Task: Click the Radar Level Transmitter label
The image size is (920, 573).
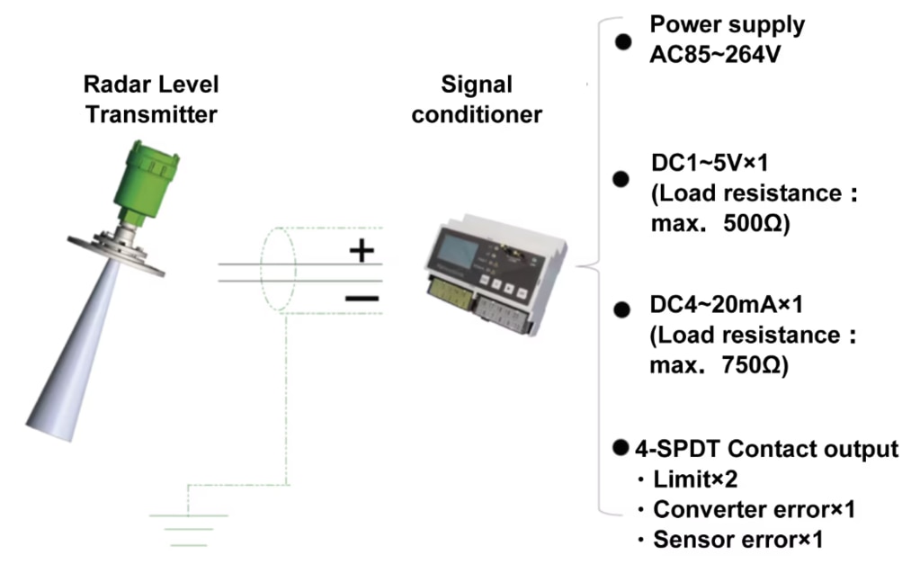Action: (150, 99)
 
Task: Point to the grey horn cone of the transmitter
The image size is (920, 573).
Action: (76, 351)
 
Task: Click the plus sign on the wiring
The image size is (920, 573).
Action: (362, 251)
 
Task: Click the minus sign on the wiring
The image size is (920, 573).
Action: (362, 296)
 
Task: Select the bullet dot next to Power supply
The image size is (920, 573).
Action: (621, 40)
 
